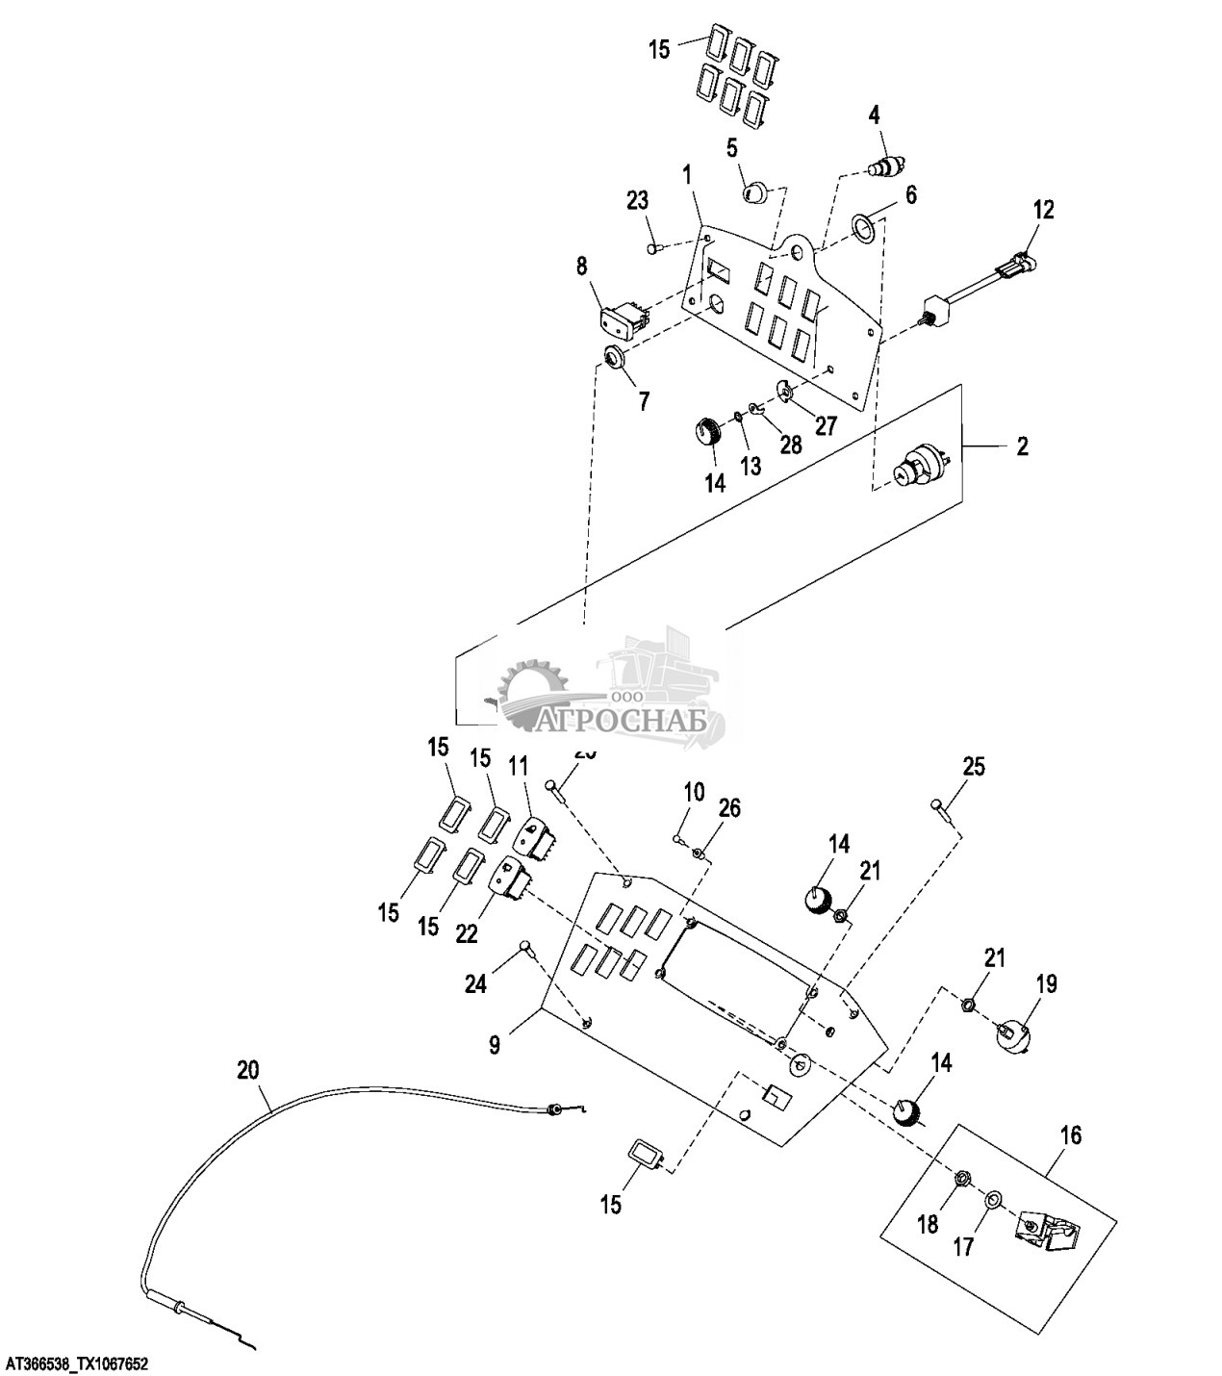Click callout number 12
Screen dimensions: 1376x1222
[x=1044, y=209]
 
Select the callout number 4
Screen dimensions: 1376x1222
[x=874, y=115]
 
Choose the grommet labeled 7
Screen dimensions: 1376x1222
[x=611, y=359]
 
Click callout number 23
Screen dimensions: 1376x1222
[x=637, y=201]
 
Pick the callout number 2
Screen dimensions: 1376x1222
[x=1022, y=446]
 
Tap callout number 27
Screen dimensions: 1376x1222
[x=826, y=425]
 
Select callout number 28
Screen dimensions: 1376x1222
[x=790, y=445]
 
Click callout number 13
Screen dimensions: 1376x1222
[x=750, y=466]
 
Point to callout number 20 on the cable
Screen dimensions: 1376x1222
[x=247, y=1068]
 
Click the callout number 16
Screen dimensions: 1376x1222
[x=1070, y=1135]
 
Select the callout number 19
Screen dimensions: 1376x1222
[x=1046, y=983]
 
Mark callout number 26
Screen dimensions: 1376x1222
[x=729, y=808]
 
